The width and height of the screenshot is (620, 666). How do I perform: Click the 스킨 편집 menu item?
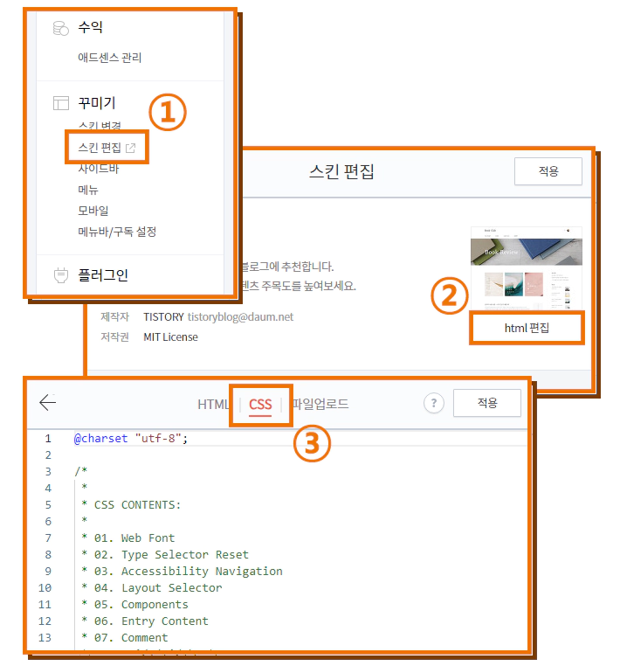click(100, 147)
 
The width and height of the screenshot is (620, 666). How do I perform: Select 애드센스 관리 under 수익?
click(109, 58)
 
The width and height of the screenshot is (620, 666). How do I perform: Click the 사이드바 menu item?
click(98, 168)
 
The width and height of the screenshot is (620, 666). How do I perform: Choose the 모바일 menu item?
click(93, 211)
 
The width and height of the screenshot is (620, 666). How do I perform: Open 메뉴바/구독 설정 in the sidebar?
click(116, 232)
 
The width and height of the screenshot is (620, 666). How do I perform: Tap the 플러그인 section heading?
click(102, 275)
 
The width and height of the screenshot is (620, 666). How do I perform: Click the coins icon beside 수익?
click(60, 29)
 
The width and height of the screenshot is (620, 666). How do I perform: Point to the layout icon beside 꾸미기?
click(60, 103)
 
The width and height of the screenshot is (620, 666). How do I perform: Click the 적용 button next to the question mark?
click(486, 403)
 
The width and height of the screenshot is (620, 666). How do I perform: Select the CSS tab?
click(260, 404)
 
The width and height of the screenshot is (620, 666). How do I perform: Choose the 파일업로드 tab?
click(320, 404)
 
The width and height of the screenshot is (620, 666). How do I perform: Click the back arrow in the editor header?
click(47, 402)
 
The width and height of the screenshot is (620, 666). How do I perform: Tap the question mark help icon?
click(433, 403)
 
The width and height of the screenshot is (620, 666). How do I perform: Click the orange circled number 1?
click(168, 113)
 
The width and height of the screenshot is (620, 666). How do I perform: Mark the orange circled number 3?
click(312, 445)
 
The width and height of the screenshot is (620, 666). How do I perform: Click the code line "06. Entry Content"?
click(164, 621)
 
